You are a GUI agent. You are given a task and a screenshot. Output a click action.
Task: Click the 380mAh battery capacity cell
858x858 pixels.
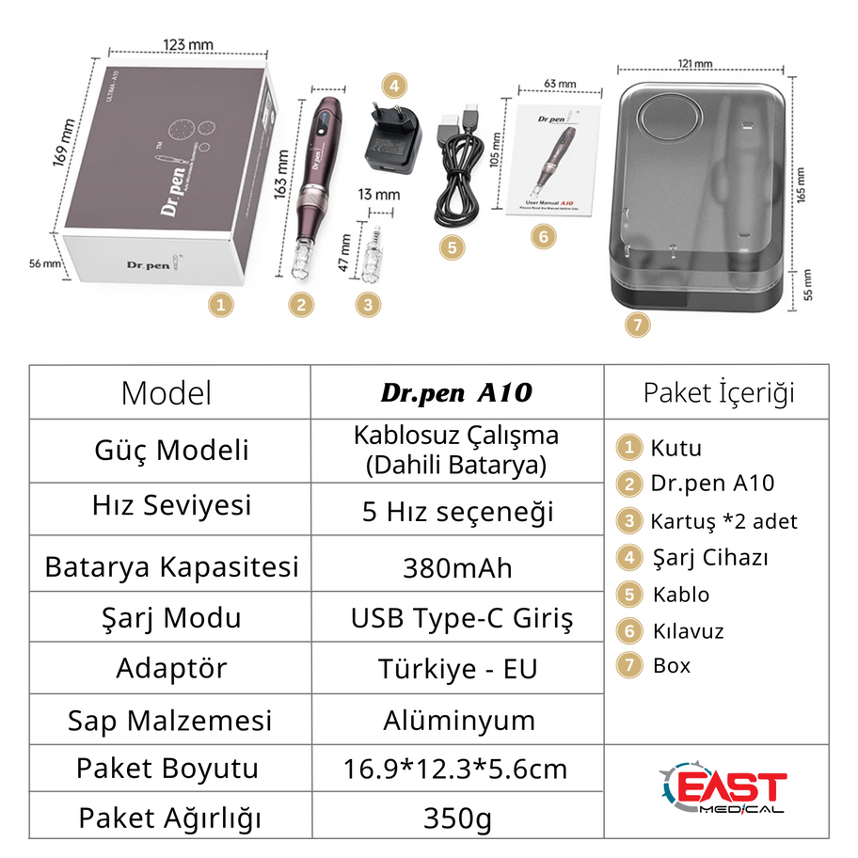(x=457, y=567)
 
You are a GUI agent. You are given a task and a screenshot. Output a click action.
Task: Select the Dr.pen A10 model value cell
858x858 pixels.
(x=456, y=392)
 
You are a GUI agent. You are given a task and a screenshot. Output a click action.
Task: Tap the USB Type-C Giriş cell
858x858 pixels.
(x=461, y=618)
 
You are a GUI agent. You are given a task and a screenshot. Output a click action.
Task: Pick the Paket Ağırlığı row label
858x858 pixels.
(x=169, y=817)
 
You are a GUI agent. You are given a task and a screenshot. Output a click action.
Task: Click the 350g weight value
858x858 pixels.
(x=457, y=818)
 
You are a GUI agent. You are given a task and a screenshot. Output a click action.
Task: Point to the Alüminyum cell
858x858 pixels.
(x=459, y=720)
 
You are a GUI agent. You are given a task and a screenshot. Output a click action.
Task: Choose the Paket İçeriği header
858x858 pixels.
(x=719, y=392)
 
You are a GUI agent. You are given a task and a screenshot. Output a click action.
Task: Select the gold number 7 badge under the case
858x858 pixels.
(x=637, y=325)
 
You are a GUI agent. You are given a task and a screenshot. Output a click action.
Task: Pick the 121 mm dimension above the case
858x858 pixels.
(x=697, y=63)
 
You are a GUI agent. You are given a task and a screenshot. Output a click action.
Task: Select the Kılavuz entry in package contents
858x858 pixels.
(x=688, y=630)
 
